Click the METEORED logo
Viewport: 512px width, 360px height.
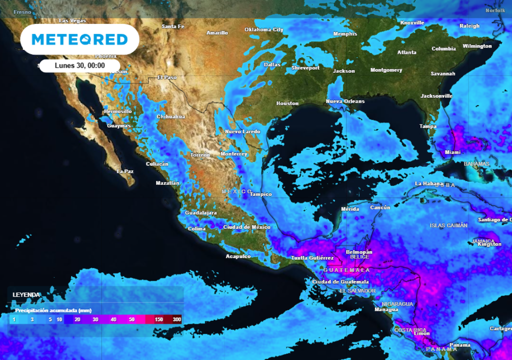pos(80,39)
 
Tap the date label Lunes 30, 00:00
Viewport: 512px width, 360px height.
pos(79,65)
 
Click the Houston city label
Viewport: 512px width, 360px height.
pos(287,103)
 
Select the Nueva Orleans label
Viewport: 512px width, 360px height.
pos(345,101)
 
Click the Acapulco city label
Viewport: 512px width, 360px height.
pos(238,256)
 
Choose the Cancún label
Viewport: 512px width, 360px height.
pos(379,207)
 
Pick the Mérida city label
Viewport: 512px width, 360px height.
pos(350,208)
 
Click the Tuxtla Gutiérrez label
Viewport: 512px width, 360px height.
pos(312,258)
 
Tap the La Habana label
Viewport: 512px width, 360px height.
pos(429,183)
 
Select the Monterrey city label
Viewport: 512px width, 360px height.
pos(233,154)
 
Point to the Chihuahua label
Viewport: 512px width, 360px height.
pos(171,116)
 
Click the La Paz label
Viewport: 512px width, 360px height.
pos(125,171)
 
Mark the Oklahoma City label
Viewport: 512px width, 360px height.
pos(263,29)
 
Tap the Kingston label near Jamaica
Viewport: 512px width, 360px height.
pos(489,244)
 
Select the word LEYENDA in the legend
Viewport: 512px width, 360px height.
pos(26,295)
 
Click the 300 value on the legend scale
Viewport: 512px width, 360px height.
pos(176,319)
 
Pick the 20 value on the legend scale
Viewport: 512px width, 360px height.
pos(77,319)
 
